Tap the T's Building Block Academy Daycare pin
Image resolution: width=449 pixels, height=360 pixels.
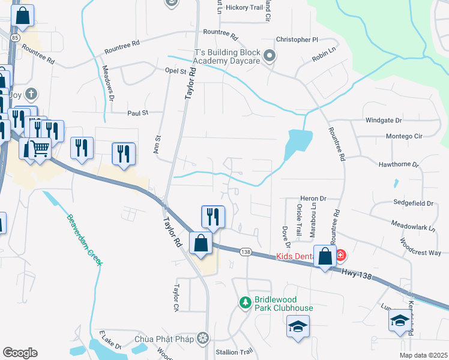pos(270,57)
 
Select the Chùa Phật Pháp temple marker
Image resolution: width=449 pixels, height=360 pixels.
pos(204,338)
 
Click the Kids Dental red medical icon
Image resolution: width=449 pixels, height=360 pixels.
pos(341,256)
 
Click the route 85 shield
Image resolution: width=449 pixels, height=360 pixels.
pos(14,37)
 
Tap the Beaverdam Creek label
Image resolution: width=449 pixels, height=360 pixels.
pos(84,241)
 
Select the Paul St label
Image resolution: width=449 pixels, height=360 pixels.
pos(137,112)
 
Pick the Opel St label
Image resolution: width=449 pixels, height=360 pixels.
pos(176,71)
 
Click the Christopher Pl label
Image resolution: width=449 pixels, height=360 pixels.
pos(297,40)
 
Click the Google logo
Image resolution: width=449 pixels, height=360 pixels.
pos(20,352)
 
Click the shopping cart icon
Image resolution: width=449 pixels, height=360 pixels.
pos(40,147)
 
